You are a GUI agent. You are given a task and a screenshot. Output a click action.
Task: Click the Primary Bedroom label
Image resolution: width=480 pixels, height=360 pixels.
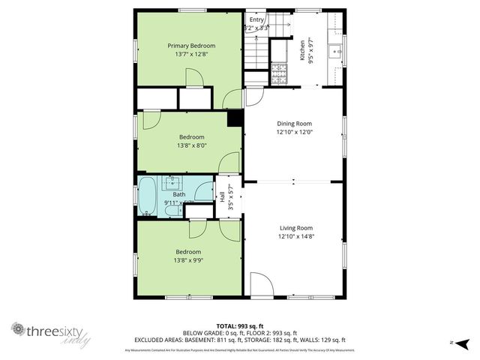(190, 46)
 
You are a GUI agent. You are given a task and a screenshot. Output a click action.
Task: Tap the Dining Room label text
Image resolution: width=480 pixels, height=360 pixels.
(294, 124)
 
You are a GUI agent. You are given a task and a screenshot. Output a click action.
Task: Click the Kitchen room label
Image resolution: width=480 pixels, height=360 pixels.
(303, 51)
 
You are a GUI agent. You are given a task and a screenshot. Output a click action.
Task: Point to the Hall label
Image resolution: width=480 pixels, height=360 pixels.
(222, 196)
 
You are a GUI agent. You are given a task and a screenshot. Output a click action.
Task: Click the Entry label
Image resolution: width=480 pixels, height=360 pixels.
(257, 19)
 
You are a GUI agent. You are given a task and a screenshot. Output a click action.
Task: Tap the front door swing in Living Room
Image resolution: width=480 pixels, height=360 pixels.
(260, 285)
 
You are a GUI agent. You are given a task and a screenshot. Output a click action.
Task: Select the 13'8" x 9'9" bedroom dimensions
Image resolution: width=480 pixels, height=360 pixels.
(188, 261)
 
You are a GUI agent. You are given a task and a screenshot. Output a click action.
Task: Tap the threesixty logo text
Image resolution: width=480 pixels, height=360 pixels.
(51, 329)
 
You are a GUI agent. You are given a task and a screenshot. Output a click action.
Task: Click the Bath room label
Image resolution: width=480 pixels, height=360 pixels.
(179, 195)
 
